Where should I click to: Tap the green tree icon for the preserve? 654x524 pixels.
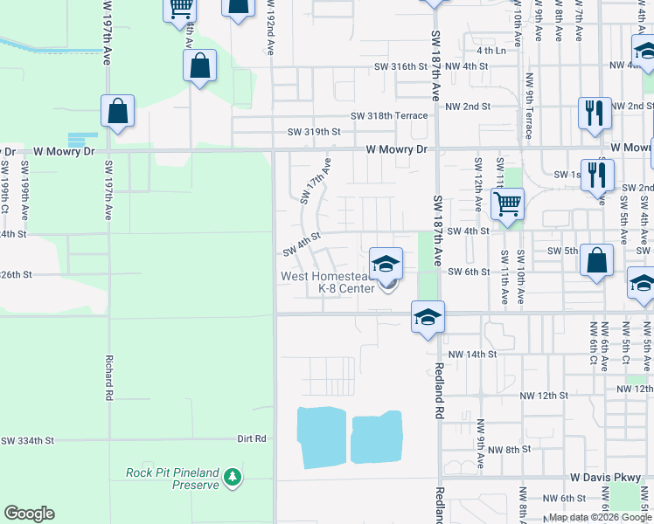(232, 477)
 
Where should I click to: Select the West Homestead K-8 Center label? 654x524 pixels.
(327, 282)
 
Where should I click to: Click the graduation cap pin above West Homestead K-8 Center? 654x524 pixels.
(386, 263)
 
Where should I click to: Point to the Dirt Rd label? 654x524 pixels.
(251, 438)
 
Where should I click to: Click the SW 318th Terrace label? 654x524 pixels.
(389, 115)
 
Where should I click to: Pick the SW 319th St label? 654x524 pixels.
(313, 132)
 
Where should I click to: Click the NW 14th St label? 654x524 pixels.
(471, 355)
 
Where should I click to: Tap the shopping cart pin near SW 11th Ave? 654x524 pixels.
(507, 204)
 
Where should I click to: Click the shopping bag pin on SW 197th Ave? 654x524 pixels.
(117, 111)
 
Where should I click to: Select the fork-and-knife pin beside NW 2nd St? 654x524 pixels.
(594, 113)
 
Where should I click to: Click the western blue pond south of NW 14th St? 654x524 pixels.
(323, 437)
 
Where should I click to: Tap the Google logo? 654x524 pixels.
(29, 514)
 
